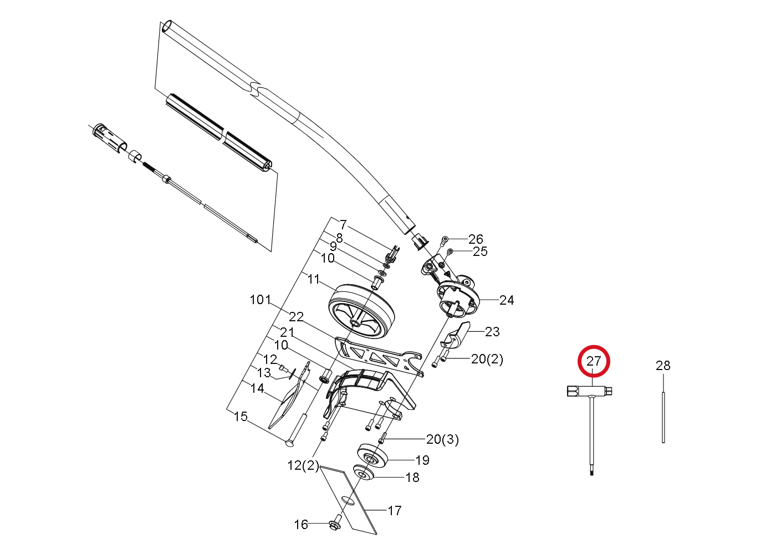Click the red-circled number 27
[594, 361]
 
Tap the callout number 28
[663, 366]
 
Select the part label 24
[507, 300]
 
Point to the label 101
[260, 299]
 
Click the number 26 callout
[476, 239]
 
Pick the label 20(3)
[442, 439]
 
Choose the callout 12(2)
[303, 465]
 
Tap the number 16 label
[300, 525]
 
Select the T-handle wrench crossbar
[589, 391]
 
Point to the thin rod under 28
[663, 417]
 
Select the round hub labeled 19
[372, 455]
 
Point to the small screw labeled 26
[444, 241]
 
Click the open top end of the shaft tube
[167, 27]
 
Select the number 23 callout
[492, 332]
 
